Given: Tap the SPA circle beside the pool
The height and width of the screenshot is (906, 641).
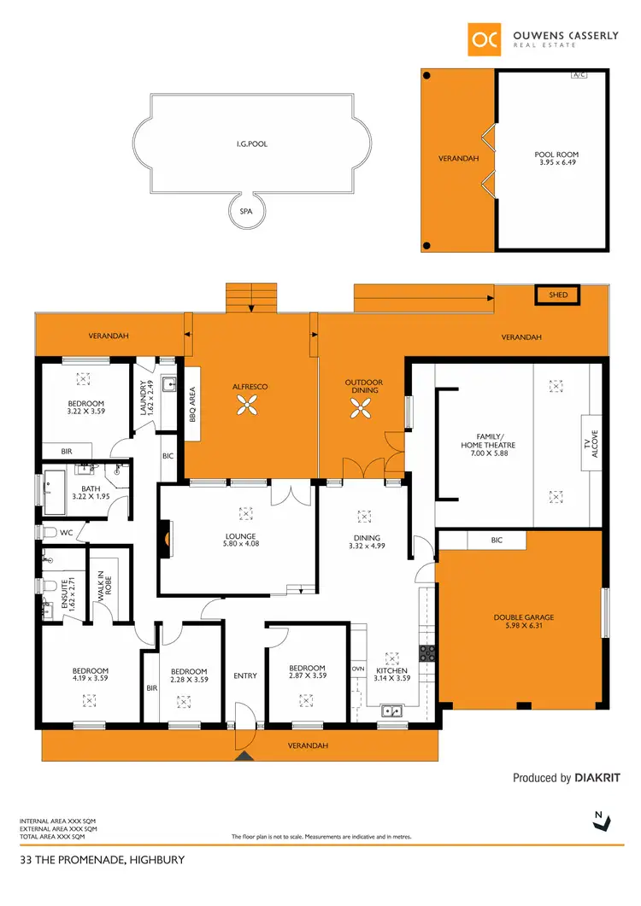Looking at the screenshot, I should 247,210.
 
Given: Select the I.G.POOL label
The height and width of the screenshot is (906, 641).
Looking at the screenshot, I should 252,144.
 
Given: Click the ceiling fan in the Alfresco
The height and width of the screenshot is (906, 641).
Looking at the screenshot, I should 250,410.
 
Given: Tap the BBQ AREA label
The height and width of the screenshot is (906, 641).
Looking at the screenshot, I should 192,404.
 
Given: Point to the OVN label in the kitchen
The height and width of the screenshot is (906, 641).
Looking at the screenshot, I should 359,669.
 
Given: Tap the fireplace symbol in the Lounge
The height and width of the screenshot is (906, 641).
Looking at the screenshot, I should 167,539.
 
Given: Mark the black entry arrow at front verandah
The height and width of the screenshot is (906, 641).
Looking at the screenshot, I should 245,755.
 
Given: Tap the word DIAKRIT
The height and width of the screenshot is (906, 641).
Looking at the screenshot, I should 597,778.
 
